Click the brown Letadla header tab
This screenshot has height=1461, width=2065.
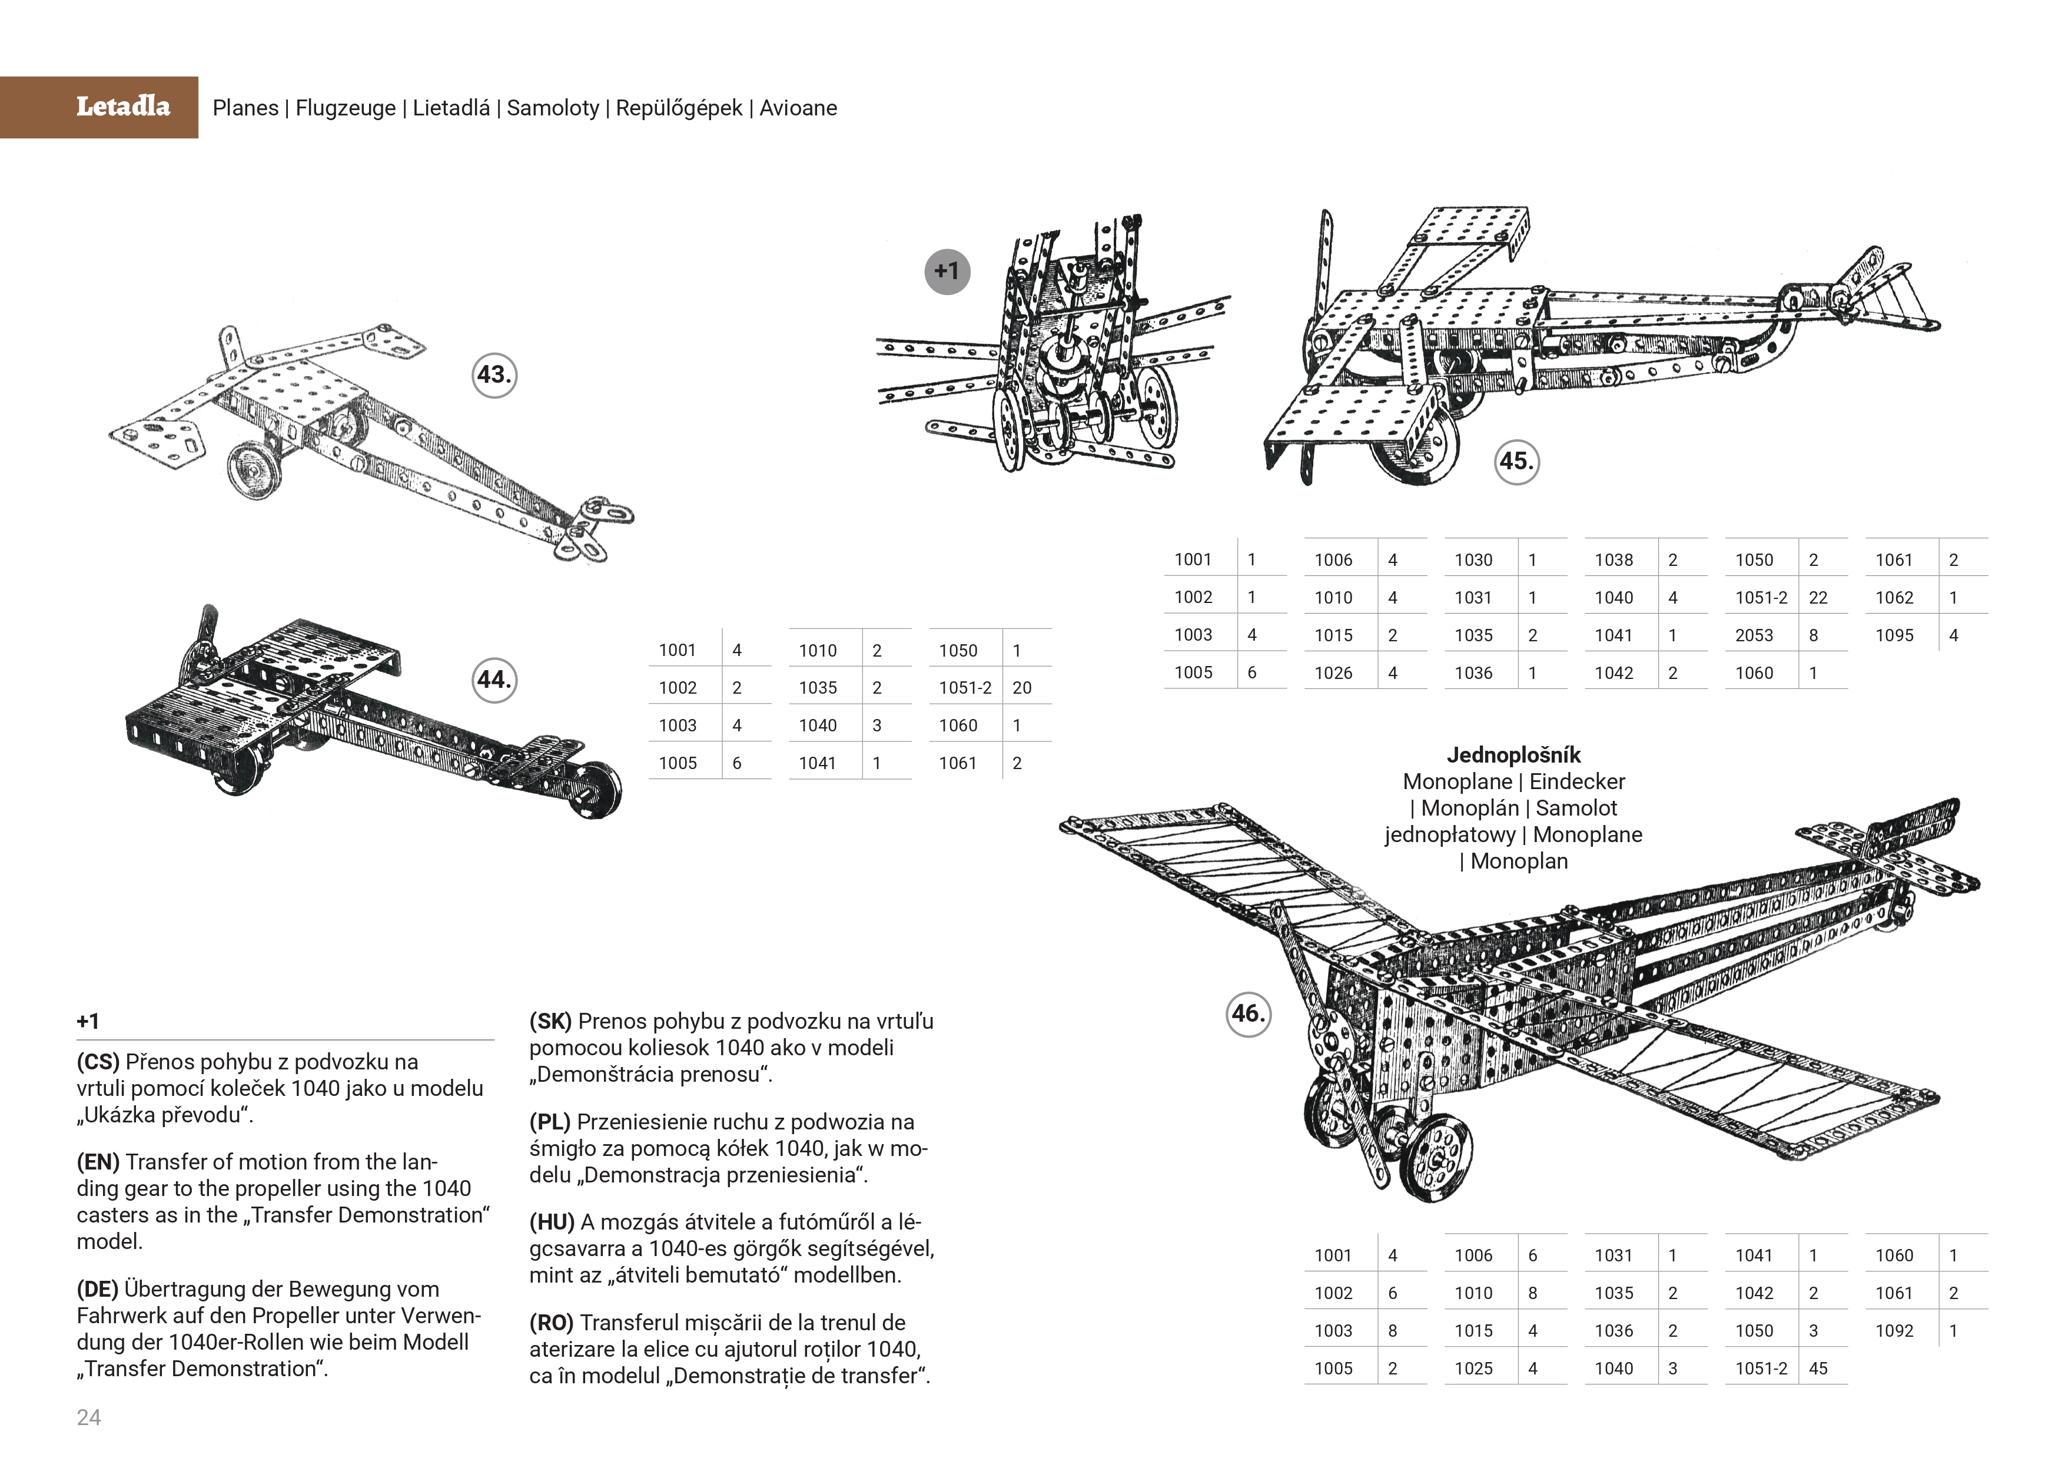pos(99,107)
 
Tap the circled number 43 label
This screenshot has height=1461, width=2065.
pos(494,375)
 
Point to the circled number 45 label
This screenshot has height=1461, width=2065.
pos(1516,462)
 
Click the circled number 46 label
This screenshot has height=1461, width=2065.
pos(1249,1014)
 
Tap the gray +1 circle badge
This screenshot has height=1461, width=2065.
pos(947,271)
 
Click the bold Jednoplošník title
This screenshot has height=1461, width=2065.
pos(1513,755)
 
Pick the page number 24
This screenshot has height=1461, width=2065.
pos(89,1418)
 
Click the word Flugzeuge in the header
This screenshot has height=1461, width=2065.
pos(346,108)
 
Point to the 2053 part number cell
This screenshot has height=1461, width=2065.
pos(1754,635)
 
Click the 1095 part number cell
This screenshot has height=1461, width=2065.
pos(1894,635)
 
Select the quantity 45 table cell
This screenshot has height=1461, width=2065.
pos(1818,1369)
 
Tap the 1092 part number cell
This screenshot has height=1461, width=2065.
pos(1894,1330)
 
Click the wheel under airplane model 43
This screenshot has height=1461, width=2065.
pos(249,471)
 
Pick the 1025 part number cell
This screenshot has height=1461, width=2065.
pos(1473,1369)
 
